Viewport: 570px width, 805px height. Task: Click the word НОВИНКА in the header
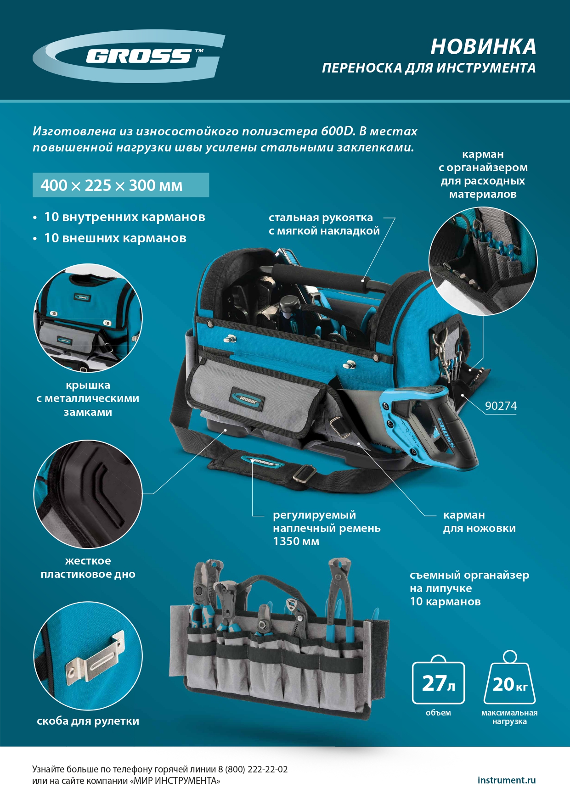pyautogui.click(x=483, y=47)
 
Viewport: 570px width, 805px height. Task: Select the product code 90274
pyautogui.click(x=501, y=406)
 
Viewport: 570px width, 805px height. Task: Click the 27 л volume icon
pyautogui.click(x=438, y=683)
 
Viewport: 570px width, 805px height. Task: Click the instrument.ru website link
pyautogui.click(x=506, y=780)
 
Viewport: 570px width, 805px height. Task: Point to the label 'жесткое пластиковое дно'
pyautogui.click(x=88, y=568)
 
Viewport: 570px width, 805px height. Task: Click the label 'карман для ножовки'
pyautogui.click(x=479, y=522)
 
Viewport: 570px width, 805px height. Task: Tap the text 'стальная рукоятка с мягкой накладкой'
pyautogui.click(x=324, y=224)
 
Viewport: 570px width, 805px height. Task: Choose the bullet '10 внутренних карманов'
pyautogui.click(x=124, y=217)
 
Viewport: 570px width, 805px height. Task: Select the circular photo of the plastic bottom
pyautogui.click(x=88, y=494)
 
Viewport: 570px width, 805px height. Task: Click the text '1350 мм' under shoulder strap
pyautogui.click(x=296, y=542)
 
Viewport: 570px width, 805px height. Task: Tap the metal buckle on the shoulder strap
pyautogui.click(x=304, y=473)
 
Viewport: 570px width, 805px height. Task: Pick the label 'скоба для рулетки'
pyautogui.click(x=88, y=721)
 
